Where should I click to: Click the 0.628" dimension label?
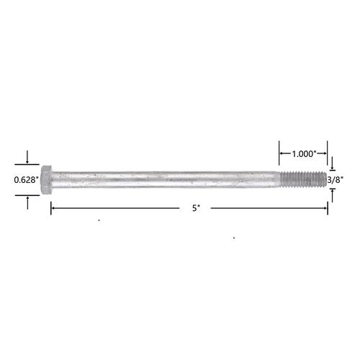tap(26, 180)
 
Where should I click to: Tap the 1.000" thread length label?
tap(305, 154)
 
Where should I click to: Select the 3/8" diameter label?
tap(336, 180)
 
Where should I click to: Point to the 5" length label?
tap(196, 208)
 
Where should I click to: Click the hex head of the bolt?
tap(46, 180)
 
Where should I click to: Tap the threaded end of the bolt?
tap(303, 179)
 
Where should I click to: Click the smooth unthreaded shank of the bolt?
tap(166, 179)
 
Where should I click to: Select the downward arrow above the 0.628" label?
tap(27, 157)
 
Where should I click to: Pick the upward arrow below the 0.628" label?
tap(27, 203)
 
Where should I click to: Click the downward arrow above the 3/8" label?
tap(333, 163)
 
